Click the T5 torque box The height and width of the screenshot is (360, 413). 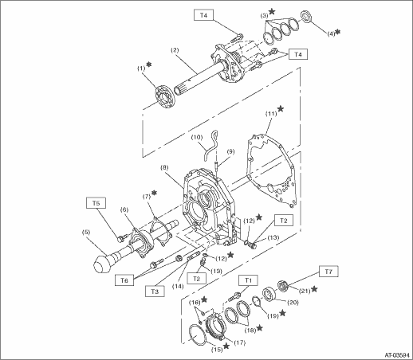tap(96, 203)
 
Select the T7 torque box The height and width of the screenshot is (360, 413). tap(328, 272)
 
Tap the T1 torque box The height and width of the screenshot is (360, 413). tap(248, 280)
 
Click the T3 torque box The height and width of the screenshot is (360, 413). tap(155, 292)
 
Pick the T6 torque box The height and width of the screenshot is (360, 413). tap(124, 280)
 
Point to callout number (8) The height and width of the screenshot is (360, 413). tap(164, 168)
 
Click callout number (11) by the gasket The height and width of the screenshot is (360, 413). tap(271, 114)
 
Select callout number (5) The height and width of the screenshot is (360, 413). tap(86, 232)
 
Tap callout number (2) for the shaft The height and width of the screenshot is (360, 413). tap(175, 50)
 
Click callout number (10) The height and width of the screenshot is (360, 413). tap(197, 137)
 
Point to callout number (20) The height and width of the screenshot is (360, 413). tap(293, 302)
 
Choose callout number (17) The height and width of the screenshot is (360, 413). tap(239, 342)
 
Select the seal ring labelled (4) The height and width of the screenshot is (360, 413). tap(306, 17)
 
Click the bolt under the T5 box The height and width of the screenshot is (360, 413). tap(121, 238)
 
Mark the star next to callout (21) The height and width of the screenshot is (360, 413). tap(314, 289)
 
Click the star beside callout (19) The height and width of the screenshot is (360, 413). tap(282, 313)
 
